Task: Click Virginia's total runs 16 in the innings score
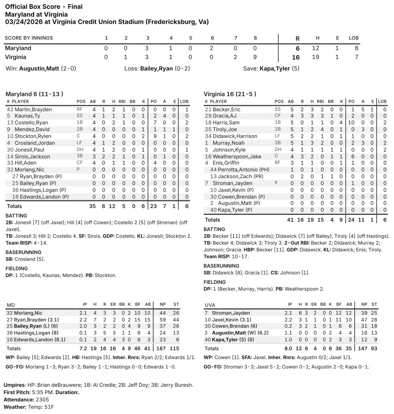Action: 297,58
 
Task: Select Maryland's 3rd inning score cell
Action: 147,48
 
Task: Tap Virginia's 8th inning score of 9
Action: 255,57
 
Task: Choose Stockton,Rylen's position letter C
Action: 79,136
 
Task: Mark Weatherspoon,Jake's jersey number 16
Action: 208,156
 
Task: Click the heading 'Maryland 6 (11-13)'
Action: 34,94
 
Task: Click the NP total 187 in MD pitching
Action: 162,348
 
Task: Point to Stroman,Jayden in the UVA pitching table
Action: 231,313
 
